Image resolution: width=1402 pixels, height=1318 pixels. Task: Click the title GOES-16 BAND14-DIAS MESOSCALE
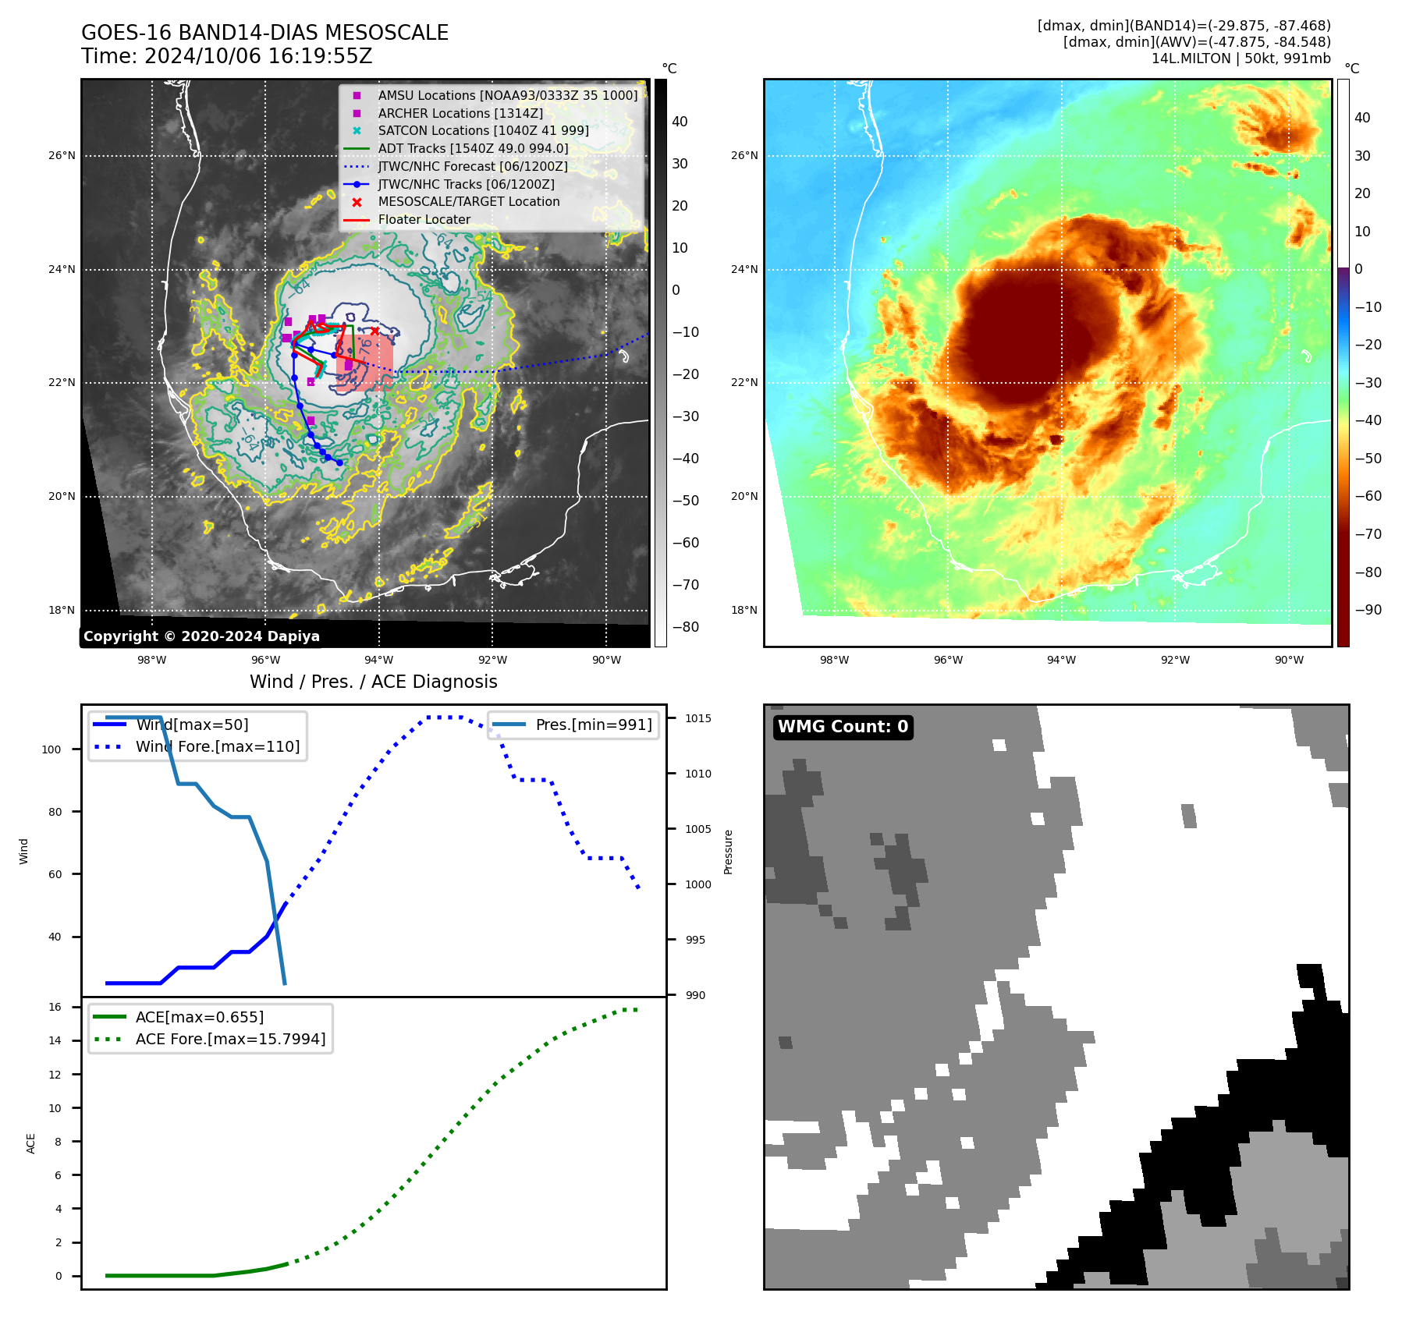pos(264,33)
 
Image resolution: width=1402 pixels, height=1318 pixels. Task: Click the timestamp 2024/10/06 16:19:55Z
pos(258,56)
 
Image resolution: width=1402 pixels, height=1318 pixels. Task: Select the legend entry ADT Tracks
pos(473,148)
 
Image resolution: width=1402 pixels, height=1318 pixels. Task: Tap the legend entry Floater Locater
pos(424,219)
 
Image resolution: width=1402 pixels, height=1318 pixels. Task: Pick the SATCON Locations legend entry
pos(483,130)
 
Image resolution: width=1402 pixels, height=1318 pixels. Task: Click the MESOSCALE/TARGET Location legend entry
pos(468,201)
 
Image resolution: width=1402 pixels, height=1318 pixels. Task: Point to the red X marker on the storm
pos(374,331)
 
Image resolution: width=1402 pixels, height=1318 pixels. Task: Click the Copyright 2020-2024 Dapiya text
pos(201,636)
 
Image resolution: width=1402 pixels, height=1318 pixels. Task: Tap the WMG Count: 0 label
pos(843,727)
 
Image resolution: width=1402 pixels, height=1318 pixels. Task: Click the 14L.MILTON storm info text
pos(1241,58)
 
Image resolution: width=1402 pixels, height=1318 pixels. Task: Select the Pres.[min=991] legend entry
pos(593,725)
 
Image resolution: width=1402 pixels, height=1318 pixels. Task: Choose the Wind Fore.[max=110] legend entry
pos(217,746)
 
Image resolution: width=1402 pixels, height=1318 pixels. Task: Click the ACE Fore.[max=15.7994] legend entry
pos(230,1039)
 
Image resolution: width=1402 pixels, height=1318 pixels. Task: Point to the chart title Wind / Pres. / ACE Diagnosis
pos(373,682)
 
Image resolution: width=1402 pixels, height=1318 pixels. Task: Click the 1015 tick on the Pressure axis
pos(698,718)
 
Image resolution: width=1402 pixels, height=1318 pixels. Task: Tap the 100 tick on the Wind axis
pos(51,749)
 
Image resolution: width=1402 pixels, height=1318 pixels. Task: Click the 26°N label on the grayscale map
pos(62,155)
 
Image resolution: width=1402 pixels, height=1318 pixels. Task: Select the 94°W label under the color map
pos(1061,660)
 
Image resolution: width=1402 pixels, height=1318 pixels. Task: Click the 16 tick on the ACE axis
pos(55,1007)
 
